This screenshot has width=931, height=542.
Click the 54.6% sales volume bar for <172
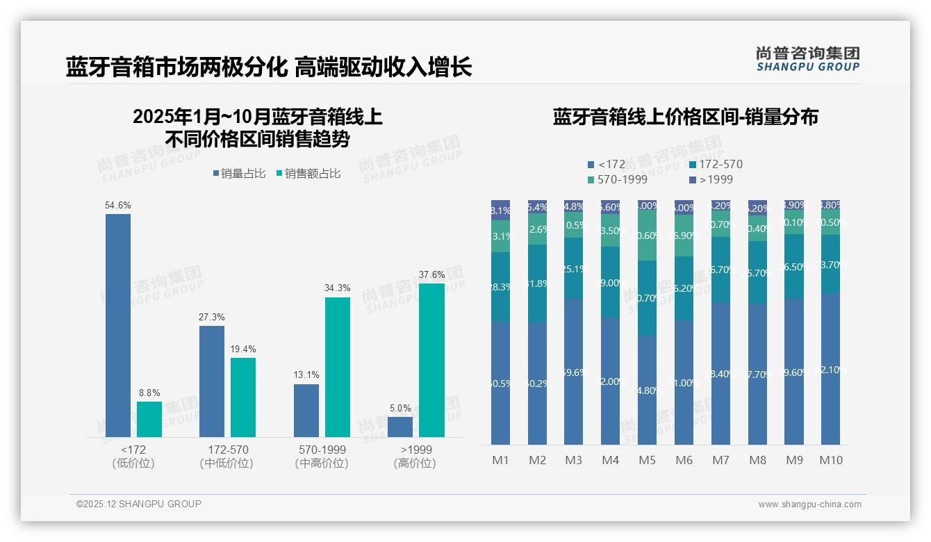point(118,325)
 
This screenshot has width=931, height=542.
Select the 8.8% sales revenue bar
point(149,419)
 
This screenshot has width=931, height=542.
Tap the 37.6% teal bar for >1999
point(431,360)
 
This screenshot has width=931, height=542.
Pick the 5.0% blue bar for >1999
point(400,427)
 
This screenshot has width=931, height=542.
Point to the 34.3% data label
point(338,288)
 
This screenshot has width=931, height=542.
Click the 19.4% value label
point(243,349)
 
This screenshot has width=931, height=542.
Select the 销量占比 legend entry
point(240,174)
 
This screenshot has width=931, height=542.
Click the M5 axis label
point(647,460)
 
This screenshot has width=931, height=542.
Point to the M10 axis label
point(831,460)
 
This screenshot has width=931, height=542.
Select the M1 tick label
point(500,460)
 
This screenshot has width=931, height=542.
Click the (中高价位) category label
point(321,463)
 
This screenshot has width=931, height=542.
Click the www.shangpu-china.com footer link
point(809,504)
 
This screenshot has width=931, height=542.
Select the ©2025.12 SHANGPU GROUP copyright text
point(139,504)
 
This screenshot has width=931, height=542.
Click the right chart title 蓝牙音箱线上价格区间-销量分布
point(685,117)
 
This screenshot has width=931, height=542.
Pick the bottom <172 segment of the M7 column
point(720,373)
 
